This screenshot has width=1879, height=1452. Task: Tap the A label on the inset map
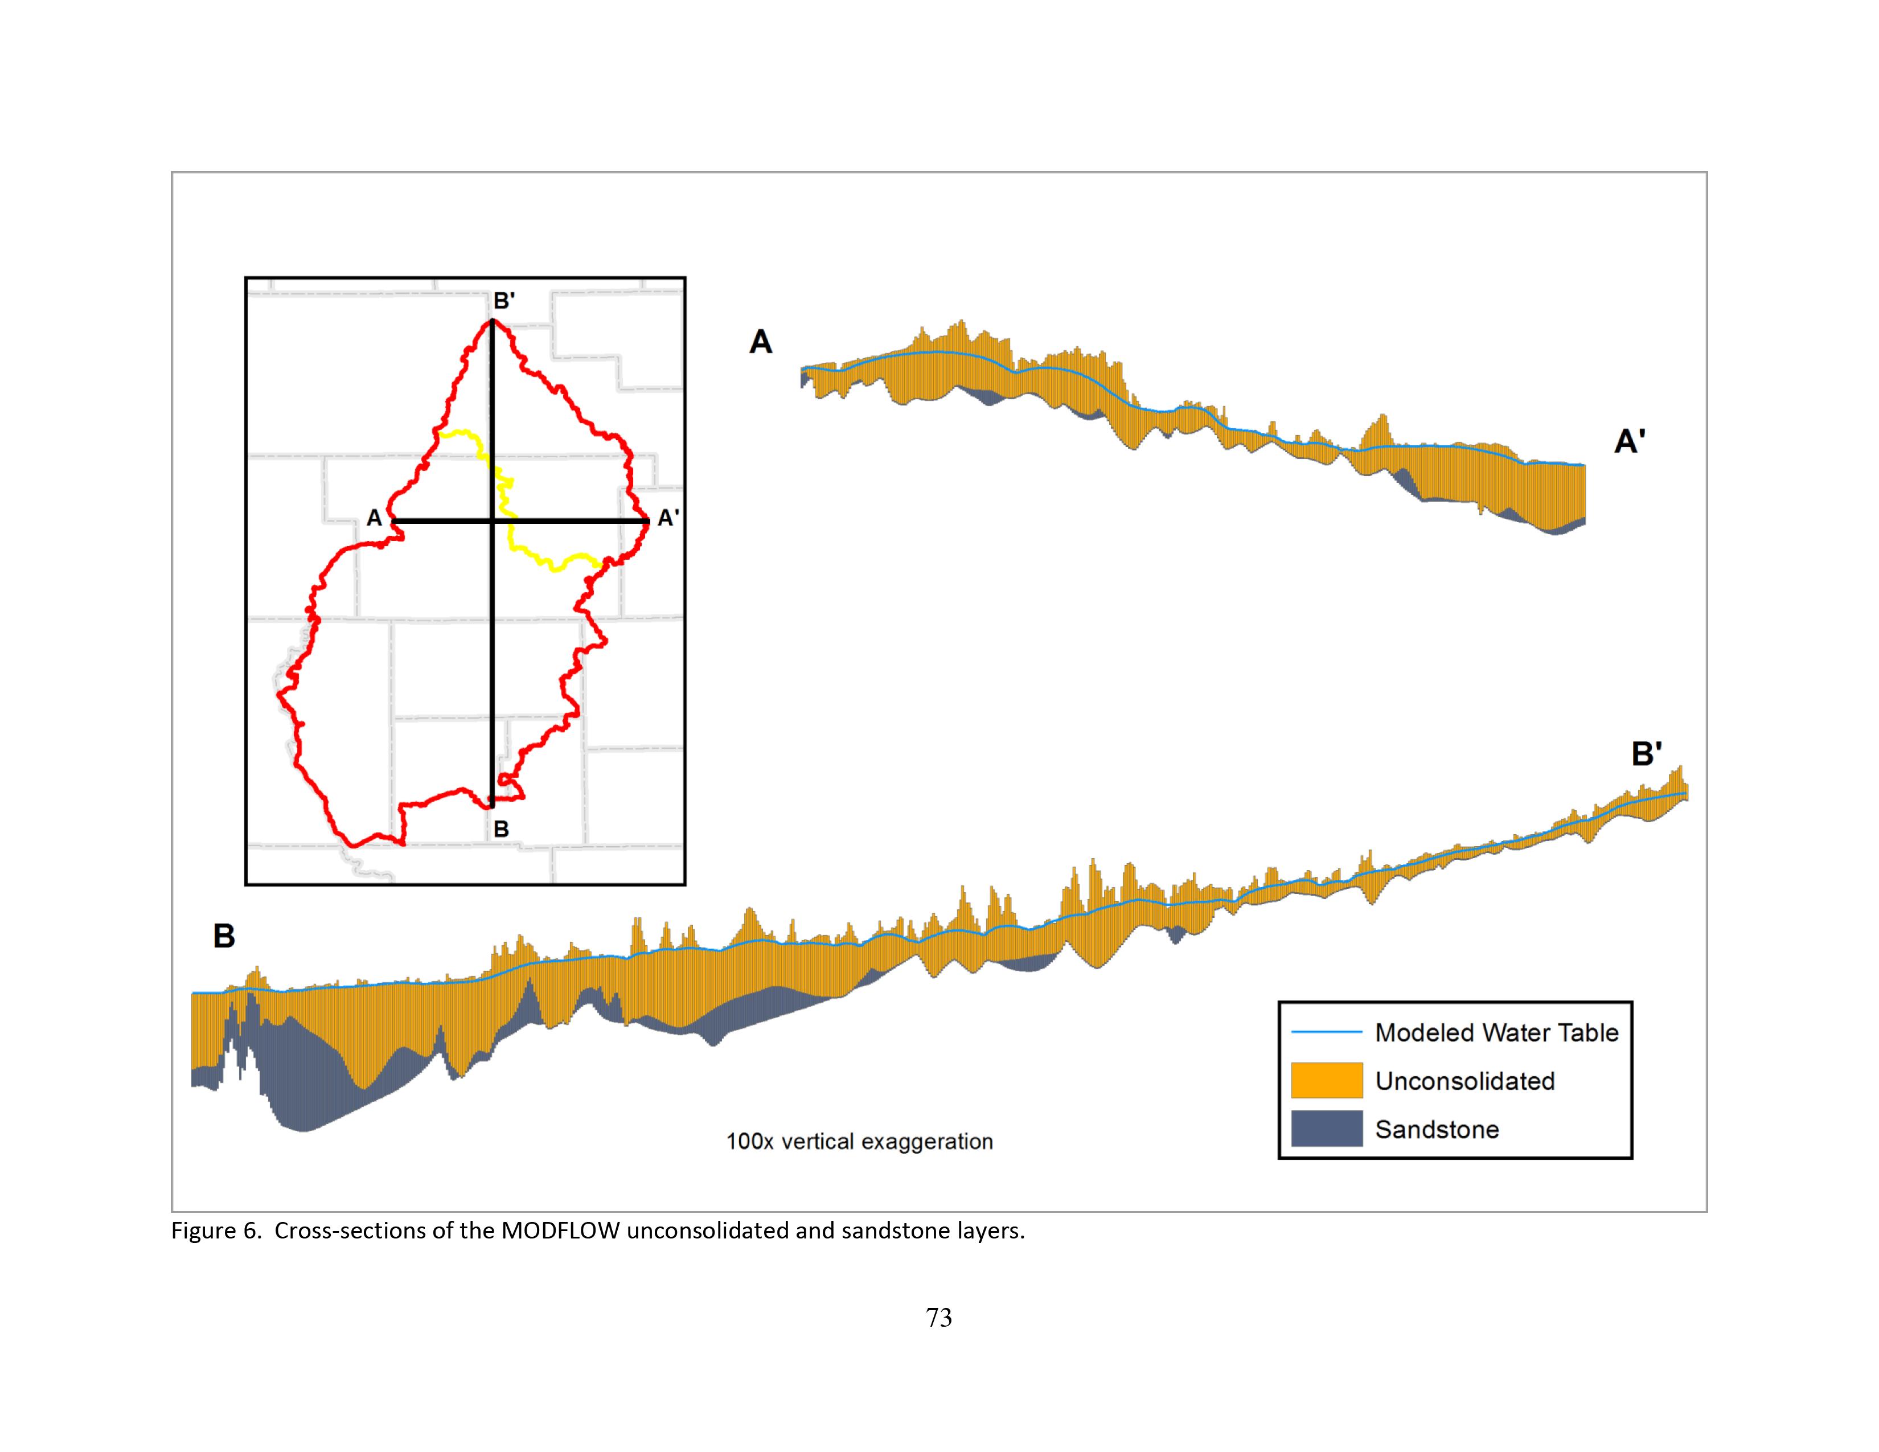coord(374,518)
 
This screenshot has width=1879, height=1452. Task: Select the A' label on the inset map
coord(668,518)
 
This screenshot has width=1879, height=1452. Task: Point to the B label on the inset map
coord(500,829)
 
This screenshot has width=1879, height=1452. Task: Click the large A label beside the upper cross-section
coord(761,342)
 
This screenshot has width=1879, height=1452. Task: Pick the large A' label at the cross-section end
coord(1630,442)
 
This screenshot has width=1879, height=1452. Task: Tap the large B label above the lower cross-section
coord(224,936)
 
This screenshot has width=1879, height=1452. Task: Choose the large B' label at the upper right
coord(1647,754)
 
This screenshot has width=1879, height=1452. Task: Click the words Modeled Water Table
coord(1496,1032)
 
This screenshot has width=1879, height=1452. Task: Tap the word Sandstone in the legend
coord(1437,1130)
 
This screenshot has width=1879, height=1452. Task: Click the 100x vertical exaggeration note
coord(859,1142)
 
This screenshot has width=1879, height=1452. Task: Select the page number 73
coord(938,1317)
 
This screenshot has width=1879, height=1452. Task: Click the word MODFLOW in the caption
coord(560,1231)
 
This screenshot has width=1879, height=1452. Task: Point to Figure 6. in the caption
coord(215,1231)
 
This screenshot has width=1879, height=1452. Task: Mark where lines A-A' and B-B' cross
coord(492,521)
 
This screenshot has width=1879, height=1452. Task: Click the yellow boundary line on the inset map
coord(534,555)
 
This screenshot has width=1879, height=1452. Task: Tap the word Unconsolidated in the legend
coord(1464,1081)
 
